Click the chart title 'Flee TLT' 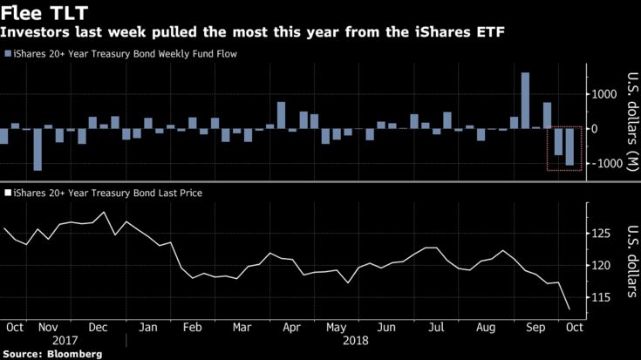click(x=40, y=14)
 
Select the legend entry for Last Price click(x=104, y=193)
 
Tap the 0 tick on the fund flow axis click(x=594, y=129)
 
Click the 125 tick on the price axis click(x=600, y=234)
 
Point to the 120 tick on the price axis click(x=600, y=265)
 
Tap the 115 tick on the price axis click(x=600, y=296)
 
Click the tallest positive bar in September click(x=525, y=100)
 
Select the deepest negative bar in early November click(x=38, y=149)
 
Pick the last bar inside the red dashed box click(x=569, y=147)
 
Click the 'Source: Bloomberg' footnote click(x=52, y=354)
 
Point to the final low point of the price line click(x=569, y=309)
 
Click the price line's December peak click(x=105, y=212)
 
